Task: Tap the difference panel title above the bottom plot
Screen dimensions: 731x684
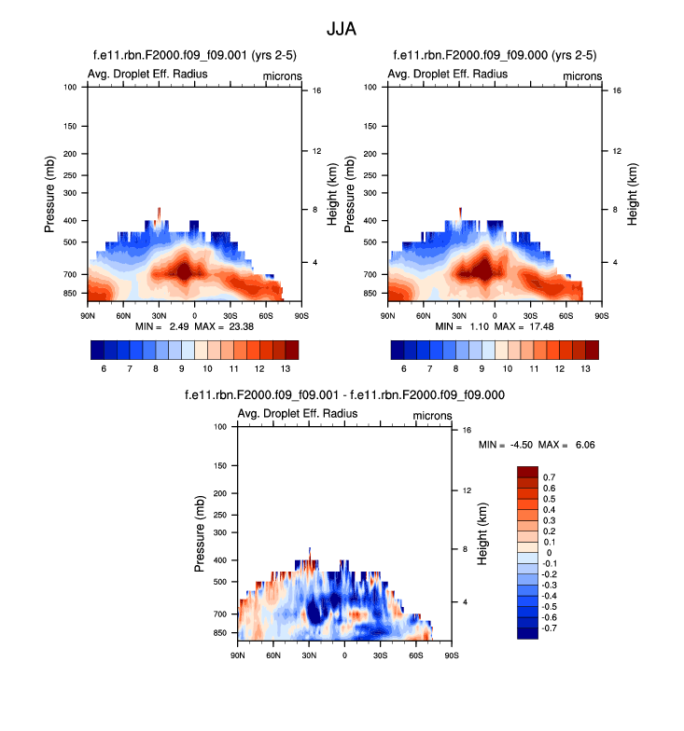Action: coord(345,395)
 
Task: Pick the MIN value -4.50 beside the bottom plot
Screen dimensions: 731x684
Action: coord(522,445)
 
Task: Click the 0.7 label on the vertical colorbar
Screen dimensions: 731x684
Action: coord(550,476)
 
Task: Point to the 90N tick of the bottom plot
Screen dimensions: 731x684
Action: coord(237,655)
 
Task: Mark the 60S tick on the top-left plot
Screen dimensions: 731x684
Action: coord(266,316)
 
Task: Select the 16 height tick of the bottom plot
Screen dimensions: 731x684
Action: coord(466,430)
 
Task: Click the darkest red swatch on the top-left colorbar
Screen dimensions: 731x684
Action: coord(292,350)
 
